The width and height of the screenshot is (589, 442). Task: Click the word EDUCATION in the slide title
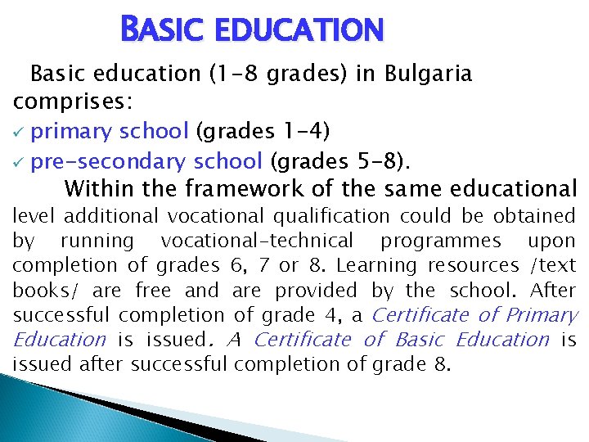[x=300, y=30]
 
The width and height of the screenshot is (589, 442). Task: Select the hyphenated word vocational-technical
[x=258, y=241]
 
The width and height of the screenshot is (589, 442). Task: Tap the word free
[x=153, y=290]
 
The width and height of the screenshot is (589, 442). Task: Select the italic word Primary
[x=542, y=314]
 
